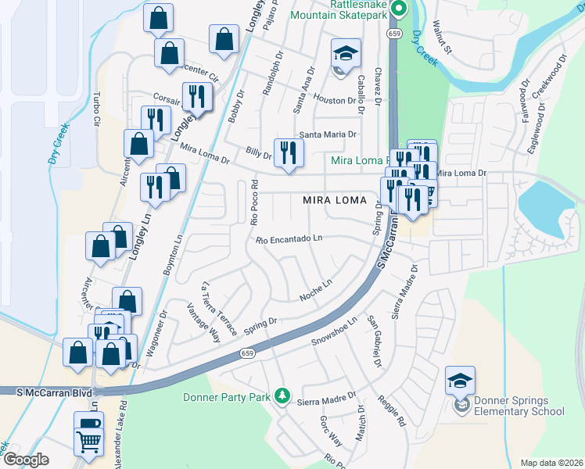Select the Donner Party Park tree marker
pos(283,397)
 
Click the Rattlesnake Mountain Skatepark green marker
pos(398,9)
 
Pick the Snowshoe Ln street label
pos(334,331)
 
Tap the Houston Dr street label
pos(335,101)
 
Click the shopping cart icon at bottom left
pos(88,442)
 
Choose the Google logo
pos(26,460)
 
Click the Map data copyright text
pos(550,463)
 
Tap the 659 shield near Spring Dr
pos(247,353)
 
